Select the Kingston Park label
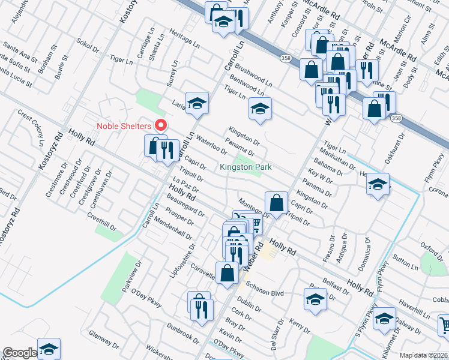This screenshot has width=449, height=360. point(246,167)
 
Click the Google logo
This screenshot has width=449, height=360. point(19,353)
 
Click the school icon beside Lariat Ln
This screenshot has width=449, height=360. point(196,104)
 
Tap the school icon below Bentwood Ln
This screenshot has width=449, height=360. point(260,109)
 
